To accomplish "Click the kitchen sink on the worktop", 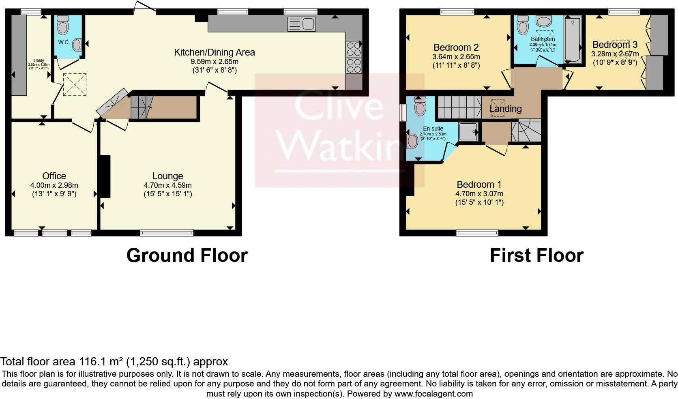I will click(302, 24).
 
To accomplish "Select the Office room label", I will click(54, 176).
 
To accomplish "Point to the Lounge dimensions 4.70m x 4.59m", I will click(167, 185).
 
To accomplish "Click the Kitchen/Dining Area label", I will click(214, 52).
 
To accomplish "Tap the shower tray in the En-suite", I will click(469, 131).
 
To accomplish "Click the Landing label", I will click(505, 109).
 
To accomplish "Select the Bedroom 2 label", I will click(456, 47).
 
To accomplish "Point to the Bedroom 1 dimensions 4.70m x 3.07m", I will click(479, 193).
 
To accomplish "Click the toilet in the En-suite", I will click(420, 107).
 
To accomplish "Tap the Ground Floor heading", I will click(187, 255).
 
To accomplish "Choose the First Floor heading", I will click(536, 255).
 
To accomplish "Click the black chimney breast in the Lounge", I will click(105, 176).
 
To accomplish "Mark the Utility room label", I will click(39, 60).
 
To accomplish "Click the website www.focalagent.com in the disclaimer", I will click(433, 393).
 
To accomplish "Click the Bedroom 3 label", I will click(615, 45).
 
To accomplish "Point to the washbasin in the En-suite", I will click(412, 141).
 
